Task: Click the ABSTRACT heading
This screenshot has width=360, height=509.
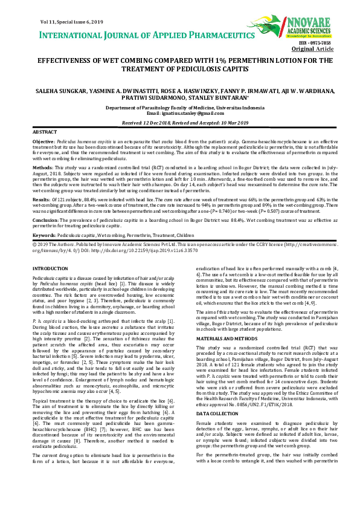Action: click(x=44, y=131)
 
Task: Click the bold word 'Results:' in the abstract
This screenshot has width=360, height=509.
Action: click(x=40, y=198)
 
